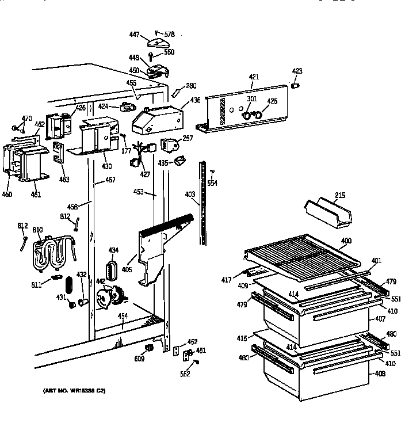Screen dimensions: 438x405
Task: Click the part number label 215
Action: [340, 196]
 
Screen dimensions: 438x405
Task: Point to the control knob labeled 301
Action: [247, 116]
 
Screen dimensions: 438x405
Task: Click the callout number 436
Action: [196, 100]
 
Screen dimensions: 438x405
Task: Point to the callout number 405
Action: [127, 269]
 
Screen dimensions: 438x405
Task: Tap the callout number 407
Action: [380, 318]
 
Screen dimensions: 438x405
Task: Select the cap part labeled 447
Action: [156, 42]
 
